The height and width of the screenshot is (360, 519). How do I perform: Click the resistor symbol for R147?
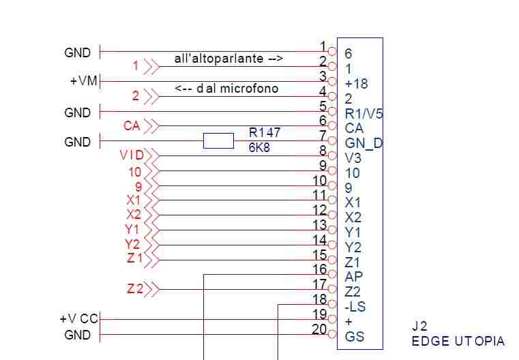[x=218, y=141]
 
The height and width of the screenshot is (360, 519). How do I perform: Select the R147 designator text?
[x=265, y=132]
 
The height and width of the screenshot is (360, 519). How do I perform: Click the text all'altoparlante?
[x=228, y=59]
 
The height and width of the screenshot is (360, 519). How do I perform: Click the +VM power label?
[x=83, y=82]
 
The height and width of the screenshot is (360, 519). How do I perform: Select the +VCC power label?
[x=78, y=319]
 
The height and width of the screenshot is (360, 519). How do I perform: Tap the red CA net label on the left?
[x=132, y=126]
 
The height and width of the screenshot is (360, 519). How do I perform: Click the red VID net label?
[x=132, y=156]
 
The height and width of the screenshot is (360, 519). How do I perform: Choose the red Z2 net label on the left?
[x=135, y=289]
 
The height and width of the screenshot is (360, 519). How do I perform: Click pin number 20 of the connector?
[x=318, y=329]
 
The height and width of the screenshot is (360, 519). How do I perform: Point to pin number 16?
[x=318, y=269]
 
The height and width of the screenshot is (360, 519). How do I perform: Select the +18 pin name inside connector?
[x=357, y=84]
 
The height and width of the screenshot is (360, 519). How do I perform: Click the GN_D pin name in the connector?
[x=364, y=143]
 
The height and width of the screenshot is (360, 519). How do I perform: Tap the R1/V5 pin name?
[x=364, y=113]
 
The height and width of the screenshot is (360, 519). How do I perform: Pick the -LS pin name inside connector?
[x=355, y=307]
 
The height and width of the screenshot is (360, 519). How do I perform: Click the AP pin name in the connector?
[x=353, y=277]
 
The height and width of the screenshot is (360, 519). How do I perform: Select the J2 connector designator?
[x=419, y=327]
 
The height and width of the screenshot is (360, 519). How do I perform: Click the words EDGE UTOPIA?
[x=458, y=341]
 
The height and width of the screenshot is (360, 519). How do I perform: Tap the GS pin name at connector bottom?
[x=354, y=337]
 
